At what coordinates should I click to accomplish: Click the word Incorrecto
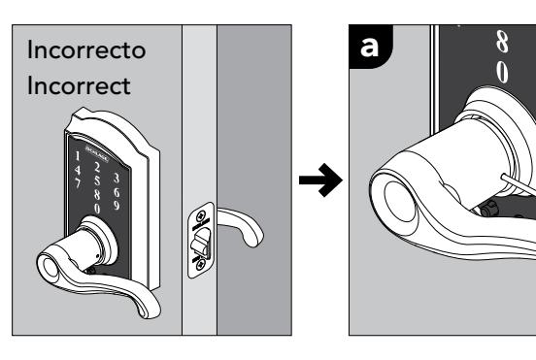pos(86,49)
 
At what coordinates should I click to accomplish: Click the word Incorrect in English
pos(79,85)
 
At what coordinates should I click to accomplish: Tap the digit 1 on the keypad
pos(78,156)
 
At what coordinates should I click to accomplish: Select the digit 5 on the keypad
pos(97,181)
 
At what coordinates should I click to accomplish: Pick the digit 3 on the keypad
pos(117,179)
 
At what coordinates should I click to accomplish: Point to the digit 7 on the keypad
pos(78,182)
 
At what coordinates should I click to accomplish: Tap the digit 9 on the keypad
pos(117,206)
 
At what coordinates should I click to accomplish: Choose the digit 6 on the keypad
pos(117,193)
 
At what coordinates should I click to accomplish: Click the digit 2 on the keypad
pos(97,167)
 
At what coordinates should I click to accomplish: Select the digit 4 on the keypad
pos(78,170)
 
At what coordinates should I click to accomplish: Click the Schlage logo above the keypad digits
pos(97,154)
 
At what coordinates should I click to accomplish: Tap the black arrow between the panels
pos(320,180)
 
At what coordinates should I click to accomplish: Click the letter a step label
pos(369,47)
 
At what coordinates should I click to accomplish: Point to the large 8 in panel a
pos(502,42)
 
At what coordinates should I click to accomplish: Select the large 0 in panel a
pos(502,72)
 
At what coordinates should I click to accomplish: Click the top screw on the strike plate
pos(201,215)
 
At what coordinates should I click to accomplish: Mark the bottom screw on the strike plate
pos(201,263)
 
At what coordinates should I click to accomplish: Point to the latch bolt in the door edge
pos(201,243)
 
